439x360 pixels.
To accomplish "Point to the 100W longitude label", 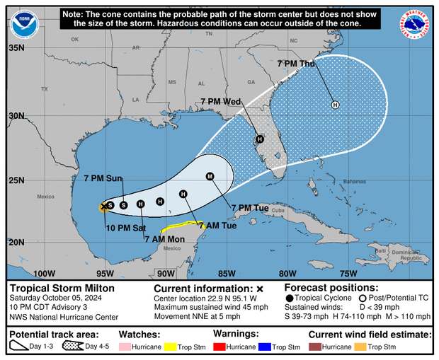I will click(x=45, y=274).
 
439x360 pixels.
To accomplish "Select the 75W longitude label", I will click(x=348, y=274).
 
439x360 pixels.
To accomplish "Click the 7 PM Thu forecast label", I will click(x=296, y=64).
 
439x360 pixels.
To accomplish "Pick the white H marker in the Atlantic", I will click(x=335, y=105).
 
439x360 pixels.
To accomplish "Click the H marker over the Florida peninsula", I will click(x=260, y=139).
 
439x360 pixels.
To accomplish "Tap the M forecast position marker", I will click(x=210, y=176).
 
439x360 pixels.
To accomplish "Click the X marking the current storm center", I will click(x=105, y=205).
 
